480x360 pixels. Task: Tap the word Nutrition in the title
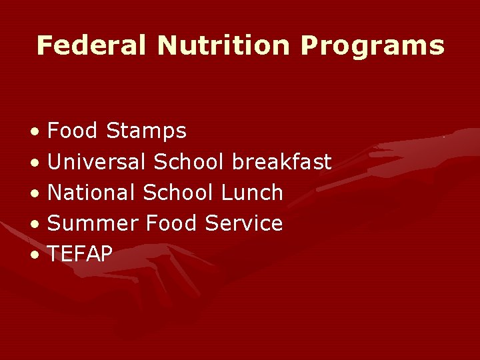[223, 45]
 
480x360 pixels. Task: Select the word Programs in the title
[372, 47]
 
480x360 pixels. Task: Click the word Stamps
[147, 131]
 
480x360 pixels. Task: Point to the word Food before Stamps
[74, 131]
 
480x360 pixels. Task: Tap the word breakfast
[282, 161]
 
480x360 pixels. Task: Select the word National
[92, 193]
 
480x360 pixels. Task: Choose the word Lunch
[252, 193]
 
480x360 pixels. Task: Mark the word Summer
[90, 223]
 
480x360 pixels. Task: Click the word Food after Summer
[169, 223]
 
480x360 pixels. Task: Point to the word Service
[244, 223]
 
